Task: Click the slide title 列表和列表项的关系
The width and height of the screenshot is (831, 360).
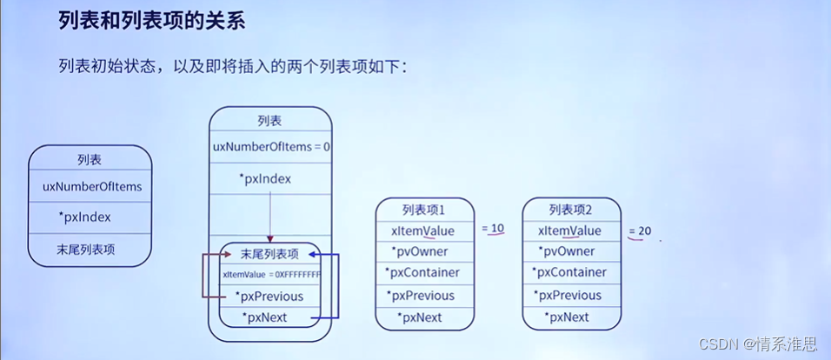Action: click(151, 21)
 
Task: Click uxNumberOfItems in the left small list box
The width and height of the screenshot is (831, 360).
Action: click(91, 186)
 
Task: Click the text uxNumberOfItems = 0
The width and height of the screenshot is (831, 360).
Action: click(271, 147)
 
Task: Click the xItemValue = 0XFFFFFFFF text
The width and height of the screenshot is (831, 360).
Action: click(271, 275)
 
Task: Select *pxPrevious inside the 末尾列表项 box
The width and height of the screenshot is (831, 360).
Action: click(269, 297)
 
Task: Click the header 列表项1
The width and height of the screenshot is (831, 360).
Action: click(423, 210)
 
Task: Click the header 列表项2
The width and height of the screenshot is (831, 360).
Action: click(570, 210)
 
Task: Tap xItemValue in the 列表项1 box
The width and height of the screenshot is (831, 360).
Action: click(422, 230)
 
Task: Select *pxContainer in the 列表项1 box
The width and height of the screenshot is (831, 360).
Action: click(424, 272)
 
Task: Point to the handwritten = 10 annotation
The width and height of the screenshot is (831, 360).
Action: click(492, 229)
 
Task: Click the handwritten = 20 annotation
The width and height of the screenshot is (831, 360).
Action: click(640, 231)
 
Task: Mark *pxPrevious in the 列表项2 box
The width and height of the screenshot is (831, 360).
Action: click(570, 296)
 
